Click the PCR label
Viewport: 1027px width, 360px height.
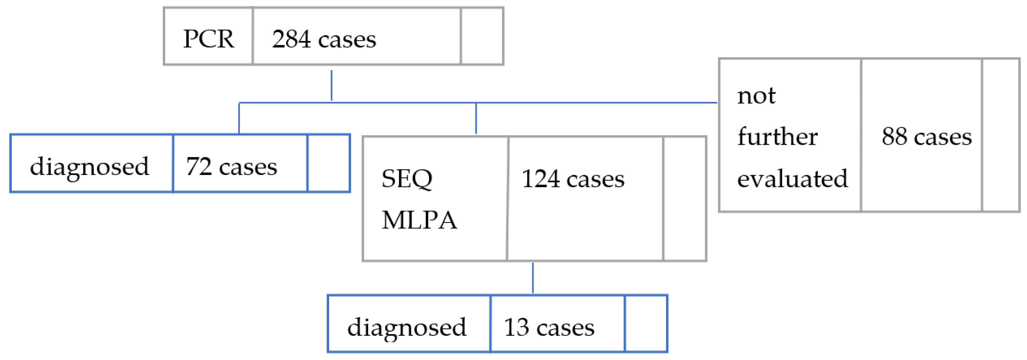209,39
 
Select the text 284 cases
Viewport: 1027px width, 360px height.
324,39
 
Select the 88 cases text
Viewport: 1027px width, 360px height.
927,136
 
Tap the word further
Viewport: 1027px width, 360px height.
777,136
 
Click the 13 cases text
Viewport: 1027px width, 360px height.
549,327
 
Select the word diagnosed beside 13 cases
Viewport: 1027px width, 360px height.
407,327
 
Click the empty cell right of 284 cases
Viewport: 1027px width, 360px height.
482,36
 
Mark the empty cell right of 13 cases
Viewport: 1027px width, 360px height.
646,324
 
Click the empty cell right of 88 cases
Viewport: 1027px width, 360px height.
1000,135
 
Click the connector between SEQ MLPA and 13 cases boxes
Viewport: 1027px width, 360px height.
533,278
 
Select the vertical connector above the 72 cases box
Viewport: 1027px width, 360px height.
239,118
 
